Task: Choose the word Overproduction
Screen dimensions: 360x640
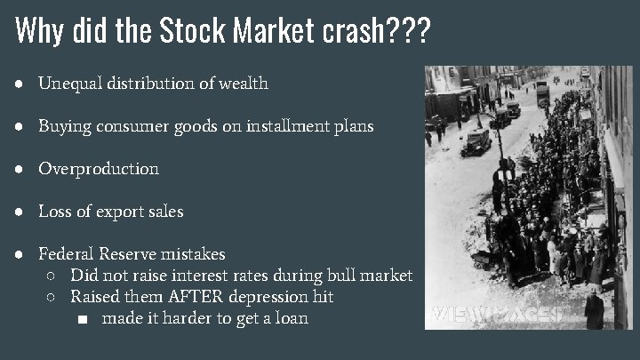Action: pyautogui.click(x=99, y=169)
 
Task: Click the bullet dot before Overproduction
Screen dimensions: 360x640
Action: pyautogui.click(x=20, y=169)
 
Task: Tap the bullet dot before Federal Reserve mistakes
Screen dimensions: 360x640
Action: pyautogui.click(x=20, y=254)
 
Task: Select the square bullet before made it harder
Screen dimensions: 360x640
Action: pyautogui.click(x=83, y=318)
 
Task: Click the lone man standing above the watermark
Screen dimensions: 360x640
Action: pyautogui.click(x=594, y=309)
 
